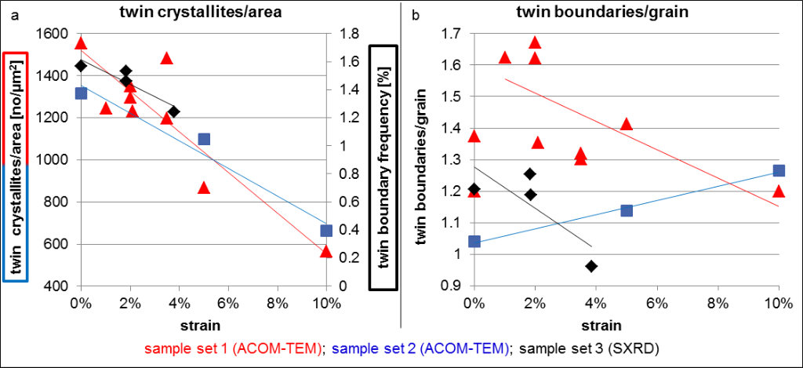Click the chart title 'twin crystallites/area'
point(202,12)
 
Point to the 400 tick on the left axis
point(56,286)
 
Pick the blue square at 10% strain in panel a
point(326,231)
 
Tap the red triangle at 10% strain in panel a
point(326,251)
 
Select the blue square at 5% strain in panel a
point(204,139)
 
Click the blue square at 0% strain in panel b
point(474,242)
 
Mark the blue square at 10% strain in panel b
point(779,170)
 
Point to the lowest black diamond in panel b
point(591,266)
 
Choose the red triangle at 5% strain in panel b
point(626,124)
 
